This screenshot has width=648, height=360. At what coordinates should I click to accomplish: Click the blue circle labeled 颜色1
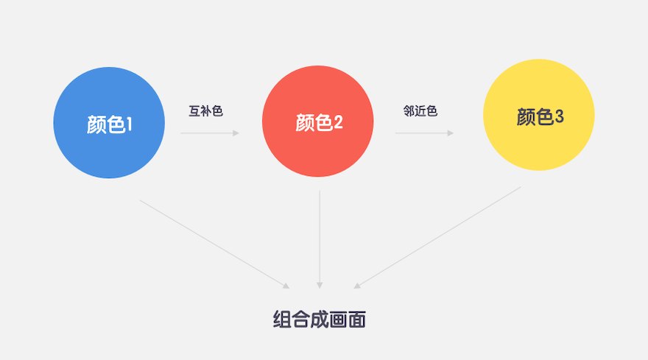point(109,123)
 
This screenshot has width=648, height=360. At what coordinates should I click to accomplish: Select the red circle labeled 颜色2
point(318,121)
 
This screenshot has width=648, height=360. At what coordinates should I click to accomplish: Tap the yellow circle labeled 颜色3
point(539,115)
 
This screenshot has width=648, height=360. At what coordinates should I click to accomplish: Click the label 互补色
point(205,110)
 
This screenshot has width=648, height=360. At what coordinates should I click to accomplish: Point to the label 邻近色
point(420,110)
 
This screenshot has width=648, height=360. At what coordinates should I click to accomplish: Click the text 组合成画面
point(320,319)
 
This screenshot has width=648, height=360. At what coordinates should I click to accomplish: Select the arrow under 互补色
point(210,133)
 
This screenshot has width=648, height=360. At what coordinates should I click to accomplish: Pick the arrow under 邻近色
point(424,133)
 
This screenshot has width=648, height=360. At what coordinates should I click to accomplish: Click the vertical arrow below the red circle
point(320,239)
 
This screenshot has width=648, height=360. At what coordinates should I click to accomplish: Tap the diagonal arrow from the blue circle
point(215,244)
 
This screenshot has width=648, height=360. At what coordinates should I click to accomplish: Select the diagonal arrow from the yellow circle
point(437,237)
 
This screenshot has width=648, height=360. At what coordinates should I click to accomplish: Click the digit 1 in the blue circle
point(130,124)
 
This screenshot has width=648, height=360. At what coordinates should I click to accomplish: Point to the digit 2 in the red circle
point(338,122)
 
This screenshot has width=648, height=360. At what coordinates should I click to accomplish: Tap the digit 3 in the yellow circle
point(559,116)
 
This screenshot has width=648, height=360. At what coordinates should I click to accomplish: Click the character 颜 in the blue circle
point(96,124)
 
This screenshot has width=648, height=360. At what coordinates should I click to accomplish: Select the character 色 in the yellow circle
point(545,116)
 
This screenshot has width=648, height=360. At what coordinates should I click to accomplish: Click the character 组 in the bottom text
point(282,319)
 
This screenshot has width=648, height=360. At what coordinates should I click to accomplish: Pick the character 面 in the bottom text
point(357,319)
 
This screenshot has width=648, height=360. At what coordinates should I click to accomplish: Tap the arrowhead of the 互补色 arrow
point(236,133)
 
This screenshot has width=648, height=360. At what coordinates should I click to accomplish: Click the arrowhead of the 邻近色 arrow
point(451,133)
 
